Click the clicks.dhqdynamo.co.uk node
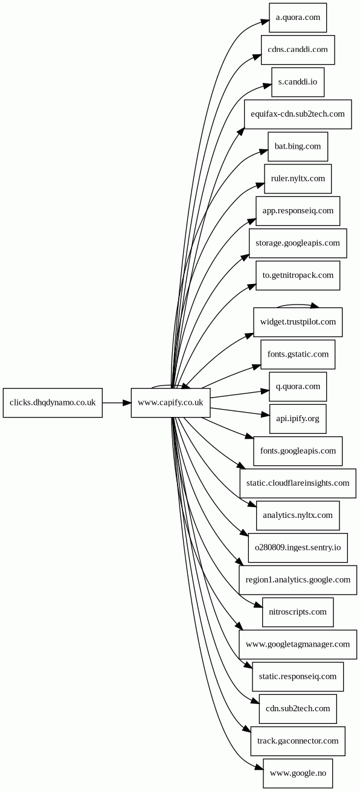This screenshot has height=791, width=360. [53, 402]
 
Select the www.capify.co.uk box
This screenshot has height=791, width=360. [171, 402]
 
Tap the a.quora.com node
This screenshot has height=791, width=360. [298, 18]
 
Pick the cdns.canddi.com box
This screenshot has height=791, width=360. [298, 50]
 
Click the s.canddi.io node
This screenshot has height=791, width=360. [298, 82]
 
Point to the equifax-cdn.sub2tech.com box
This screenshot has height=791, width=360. [298, 114]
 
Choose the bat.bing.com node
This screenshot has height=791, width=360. [298, 147]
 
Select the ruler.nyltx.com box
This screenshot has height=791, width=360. [298, 179]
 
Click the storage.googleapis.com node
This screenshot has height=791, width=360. [298, 244]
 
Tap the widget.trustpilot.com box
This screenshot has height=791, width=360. [298, 322]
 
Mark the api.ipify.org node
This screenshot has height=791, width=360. [298, 419]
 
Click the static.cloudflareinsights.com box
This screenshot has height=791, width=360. [298, 483]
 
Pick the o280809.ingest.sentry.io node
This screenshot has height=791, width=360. [298, 547]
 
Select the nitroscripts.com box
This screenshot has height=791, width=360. [298, 612]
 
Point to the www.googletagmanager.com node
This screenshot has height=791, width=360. [298, 644]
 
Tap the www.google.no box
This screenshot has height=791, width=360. [298, 773]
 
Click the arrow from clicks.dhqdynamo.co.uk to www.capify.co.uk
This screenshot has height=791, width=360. [117, 402]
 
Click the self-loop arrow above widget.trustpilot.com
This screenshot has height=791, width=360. [298, 305]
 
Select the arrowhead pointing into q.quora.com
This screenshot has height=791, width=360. [265, 391]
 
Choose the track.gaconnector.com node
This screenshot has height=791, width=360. [298, 741]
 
